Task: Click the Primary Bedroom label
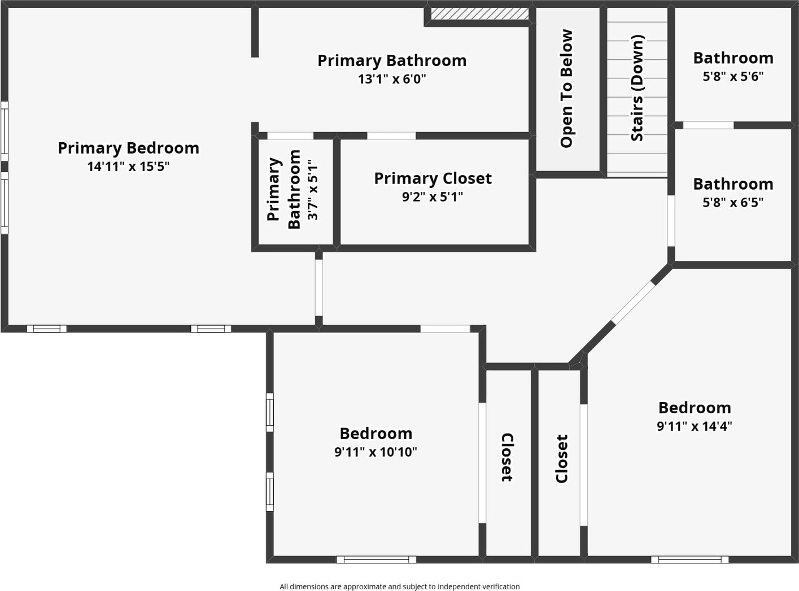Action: pos(128,148)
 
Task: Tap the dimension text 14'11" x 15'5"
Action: pos(128,167)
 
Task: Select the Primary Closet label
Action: pos(433,178)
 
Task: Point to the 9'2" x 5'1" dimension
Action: pos(433,197)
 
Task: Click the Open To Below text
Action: pos(566,89)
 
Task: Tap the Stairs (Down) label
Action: pos(637,88)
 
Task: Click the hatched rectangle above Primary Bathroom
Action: pos(479,13)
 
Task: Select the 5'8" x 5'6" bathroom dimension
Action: pos(733,76)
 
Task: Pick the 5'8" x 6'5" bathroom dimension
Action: pos(733,203)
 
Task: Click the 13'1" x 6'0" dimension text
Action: pos(392,79)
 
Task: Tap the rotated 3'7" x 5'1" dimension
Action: pos(313,190)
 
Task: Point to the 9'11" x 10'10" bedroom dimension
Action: pos(376,452)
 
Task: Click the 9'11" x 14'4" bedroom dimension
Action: pos(694,426)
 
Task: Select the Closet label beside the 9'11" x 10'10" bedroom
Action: pos(507,457)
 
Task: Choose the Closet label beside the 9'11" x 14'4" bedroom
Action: pos(561,458)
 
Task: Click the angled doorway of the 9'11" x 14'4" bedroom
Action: pos(634,303)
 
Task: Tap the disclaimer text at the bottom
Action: pos(399,586)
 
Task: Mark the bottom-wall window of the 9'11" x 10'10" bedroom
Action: pos(376,559)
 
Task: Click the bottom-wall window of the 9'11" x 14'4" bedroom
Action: pos(689,559)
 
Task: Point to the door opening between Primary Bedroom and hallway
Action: pos(318,287)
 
